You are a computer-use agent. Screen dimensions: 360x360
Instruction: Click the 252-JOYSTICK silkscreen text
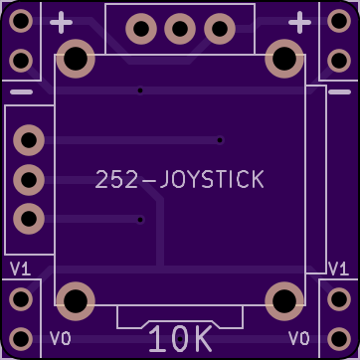tap(179, 179)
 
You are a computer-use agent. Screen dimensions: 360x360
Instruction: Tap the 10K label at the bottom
tap(180, 338)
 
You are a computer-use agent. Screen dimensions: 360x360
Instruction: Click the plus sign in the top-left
tap(61, 22)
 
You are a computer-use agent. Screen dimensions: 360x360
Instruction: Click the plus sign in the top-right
tap(299, 22)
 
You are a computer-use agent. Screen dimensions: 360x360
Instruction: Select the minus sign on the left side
tap(21, 91)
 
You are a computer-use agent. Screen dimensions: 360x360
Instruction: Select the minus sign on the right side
tap(339, 91)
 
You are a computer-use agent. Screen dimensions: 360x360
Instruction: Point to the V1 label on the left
tap(21, 269)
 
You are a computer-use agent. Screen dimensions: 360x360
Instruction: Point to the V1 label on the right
tap(338, 269)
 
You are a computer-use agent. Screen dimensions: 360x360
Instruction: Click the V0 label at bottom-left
tap(61, 338)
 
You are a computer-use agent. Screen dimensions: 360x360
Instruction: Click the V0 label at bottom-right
tap(299, 338)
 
